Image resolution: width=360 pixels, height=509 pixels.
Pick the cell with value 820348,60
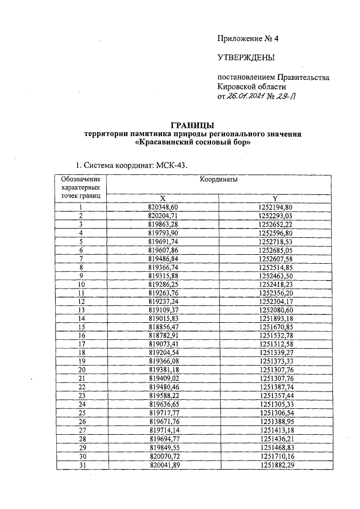pyautogui.click(x=163, y=207)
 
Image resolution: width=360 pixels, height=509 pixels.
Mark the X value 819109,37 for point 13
pyautogui.click(x=163, y=309)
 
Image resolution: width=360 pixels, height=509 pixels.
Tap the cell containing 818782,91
pyautogui.click(x=163, y=335)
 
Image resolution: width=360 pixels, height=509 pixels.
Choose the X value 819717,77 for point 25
pyautogui.click(x=163, y=412)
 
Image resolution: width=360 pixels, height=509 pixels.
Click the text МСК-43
pyautogui.click(x=168, y=165)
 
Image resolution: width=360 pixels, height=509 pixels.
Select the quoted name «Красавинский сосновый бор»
pyautogui.click(x=193, y=143)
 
